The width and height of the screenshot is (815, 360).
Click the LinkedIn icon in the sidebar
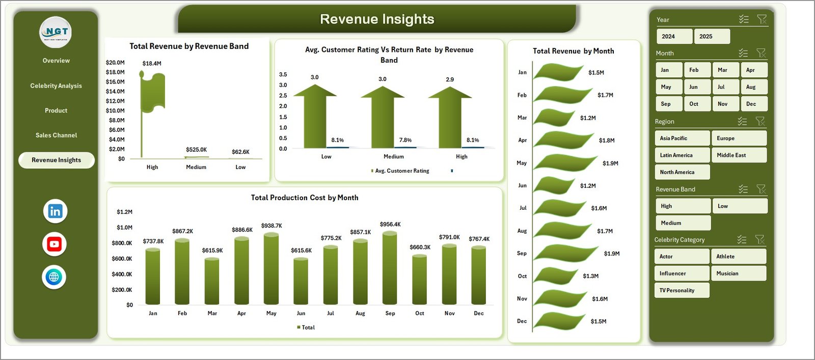click(x=55, y=211)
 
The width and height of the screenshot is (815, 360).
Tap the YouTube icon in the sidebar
click(x=55, y=244)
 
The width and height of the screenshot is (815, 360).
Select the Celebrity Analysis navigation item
click(x=56, y=86)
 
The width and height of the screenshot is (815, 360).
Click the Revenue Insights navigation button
click(x=57, y=160)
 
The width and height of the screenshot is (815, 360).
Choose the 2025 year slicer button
click(x=712, y=37)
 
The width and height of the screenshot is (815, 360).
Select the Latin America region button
click(x=682, y=155)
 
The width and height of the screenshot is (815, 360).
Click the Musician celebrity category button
click(x=738, y=273)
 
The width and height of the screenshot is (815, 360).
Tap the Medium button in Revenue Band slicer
click(x=682, y=223)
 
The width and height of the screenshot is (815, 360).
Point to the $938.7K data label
click(x=271, y=226)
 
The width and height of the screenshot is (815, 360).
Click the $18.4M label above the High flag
click(x=152, y=64)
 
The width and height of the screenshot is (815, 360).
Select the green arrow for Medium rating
click(x=383, y=117)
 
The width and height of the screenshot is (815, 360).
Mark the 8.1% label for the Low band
click(x=337, y=140)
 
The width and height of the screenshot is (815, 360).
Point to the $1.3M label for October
click(x=591, y=276)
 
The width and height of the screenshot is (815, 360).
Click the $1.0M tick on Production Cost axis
click(x=124, y=228)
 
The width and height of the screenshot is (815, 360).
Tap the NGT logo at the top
click(x=56, y=32)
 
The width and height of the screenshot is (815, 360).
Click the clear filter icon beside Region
click(x=760, y=121)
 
